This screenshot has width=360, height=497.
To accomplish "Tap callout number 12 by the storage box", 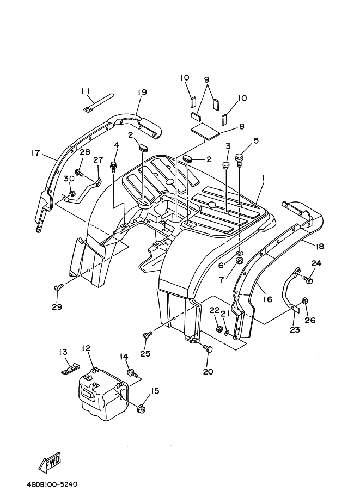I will coord(86,348).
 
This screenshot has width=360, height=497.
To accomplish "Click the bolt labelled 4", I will coord(115,164).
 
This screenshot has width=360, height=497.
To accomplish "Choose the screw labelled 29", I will coord(58,286).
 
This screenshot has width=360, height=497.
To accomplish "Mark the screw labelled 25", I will coord(147,336).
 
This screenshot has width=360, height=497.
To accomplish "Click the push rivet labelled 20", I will coord(208,349).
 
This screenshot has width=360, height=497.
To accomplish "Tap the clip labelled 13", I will coord(68,368).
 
